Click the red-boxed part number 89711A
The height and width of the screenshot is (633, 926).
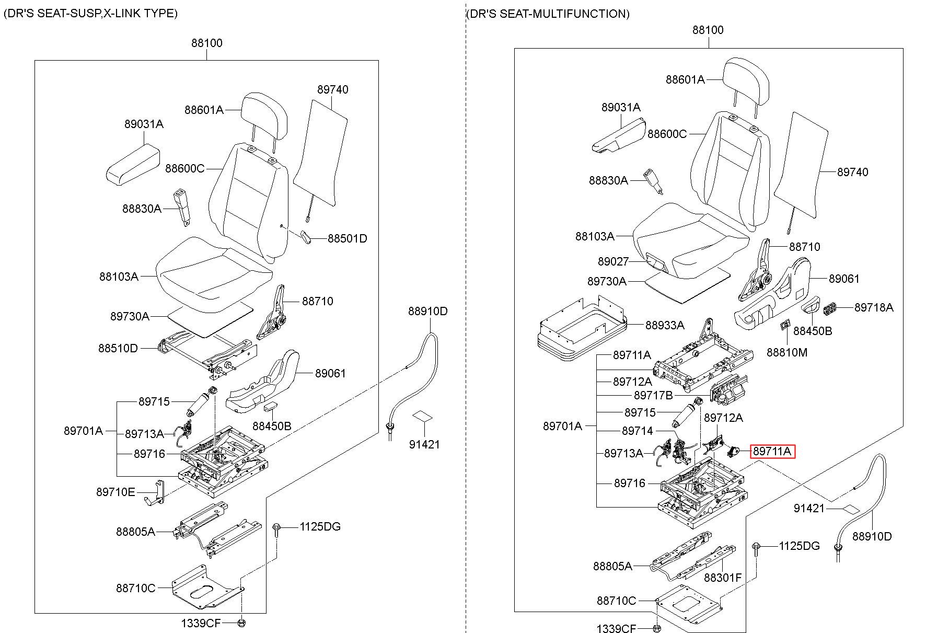(x=772, y=451)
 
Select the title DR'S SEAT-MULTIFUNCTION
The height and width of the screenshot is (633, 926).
(x=548, y=14)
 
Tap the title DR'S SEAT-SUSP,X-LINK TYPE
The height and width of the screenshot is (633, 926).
(x=91, y=13)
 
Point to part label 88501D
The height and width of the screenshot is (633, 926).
(x=348, y=238)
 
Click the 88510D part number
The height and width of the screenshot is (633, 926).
(x=118, y=348)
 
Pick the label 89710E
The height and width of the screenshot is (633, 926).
(x=115, y=492)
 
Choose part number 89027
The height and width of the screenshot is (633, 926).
(x=613, y=261)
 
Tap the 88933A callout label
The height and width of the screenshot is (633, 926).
(x=665, y=325)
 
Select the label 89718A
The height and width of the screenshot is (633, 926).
(x=874, y=307)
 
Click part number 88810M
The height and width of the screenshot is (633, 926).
(x=787, y=352)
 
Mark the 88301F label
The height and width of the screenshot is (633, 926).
(x=723, y=578)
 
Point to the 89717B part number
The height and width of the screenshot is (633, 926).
(x=653, y=395)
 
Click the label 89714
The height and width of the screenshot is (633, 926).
(x=638, y=431)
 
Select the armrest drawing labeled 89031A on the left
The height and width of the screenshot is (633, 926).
(x=133, y=164)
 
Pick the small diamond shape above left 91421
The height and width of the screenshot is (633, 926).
(x=423, y=416)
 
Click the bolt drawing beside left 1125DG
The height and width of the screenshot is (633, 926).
(x=277, y=530)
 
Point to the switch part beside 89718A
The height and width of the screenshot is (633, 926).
(x=831, y=309)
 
